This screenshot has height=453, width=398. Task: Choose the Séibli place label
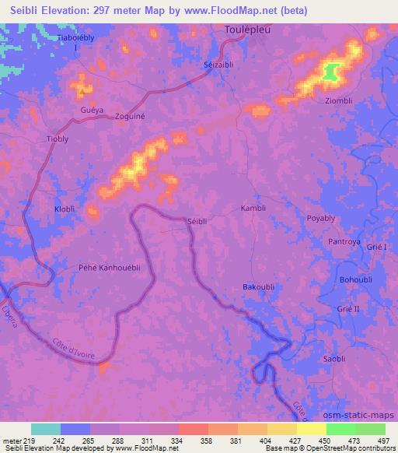(x=197, y=222)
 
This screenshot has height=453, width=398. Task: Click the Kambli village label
(x=253, y=209)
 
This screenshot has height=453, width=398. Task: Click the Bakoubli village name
(x=258, y=287)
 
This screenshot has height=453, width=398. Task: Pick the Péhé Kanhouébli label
(x=110, y=267)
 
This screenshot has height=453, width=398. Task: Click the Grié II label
(x=348, y=308)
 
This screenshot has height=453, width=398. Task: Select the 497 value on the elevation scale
(x=383, y=440)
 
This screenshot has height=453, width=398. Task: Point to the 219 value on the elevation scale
(x=31, y=440)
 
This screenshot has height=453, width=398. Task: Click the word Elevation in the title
(x=73, y=11)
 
